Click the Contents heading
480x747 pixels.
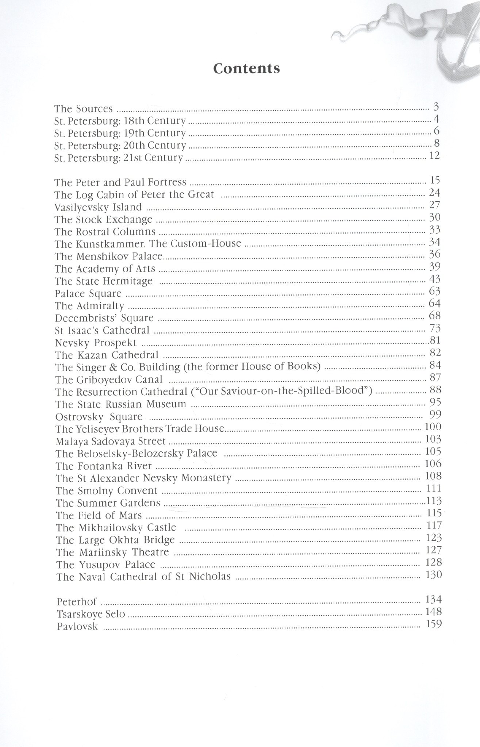pyautogui.click(x=246, y=69)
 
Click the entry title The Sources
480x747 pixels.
pyautogui.click(x=83, y=109)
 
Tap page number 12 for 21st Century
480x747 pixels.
pyautogui.click(x=435, y=156)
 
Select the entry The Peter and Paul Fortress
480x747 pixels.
pyautogui.click(x=120, y=182)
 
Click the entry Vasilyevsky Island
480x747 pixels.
pyautogui.click(x=98, y=207)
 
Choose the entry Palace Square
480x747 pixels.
pyautogui.click(x=88, y=294)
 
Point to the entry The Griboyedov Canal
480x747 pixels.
pyautogui.click(x=109, y=380)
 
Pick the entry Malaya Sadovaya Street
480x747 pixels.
pyautogui.click(x=111, y=442)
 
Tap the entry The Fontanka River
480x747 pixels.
pyautogui.click(x=104, y=466)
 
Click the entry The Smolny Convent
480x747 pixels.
pyautogui.click(x=107, y=491)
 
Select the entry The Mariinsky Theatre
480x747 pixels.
pyautogui.click(x=112, y=552)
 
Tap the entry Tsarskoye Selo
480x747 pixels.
pyautogui.click(x=91, y=614)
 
